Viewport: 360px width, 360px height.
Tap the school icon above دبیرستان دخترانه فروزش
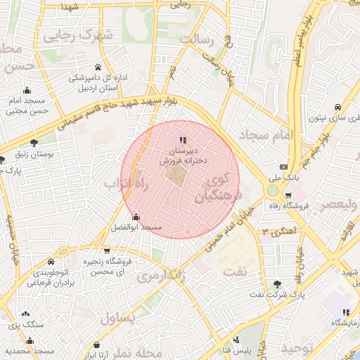coord(184,140)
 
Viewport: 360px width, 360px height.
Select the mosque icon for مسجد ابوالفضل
coord(136,217)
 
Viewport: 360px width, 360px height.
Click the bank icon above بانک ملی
coord(283,167)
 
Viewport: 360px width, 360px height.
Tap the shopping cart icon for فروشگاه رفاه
coord(306,196)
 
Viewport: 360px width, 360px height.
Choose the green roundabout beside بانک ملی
coord(273,190)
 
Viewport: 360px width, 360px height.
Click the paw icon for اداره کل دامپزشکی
coord(98,67)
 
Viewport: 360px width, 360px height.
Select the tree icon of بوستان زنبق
coord(34,143)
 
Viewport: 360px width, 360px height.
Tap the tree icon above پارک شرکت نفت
coord(279,284)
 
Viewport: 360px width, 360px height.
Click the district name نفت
coord(234,271)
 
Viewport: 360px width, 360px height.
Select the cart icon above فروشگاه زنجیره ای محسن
coord(106,250)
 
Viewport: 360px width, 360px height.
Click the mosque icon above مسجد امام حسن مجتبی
coord(27,90)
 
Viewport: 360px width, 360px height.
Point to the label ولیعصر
coord(331,205)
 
